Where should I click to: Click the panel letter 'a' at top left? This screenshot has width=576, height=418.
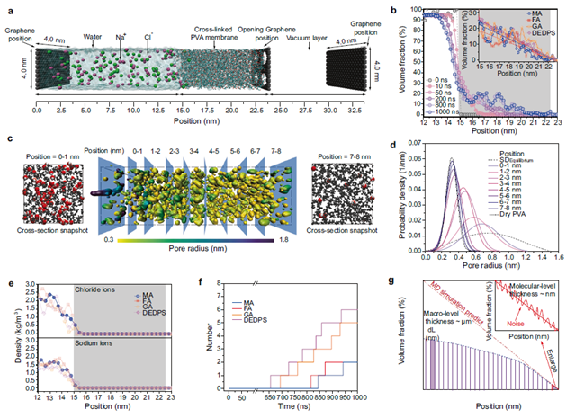coord(8,7)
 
